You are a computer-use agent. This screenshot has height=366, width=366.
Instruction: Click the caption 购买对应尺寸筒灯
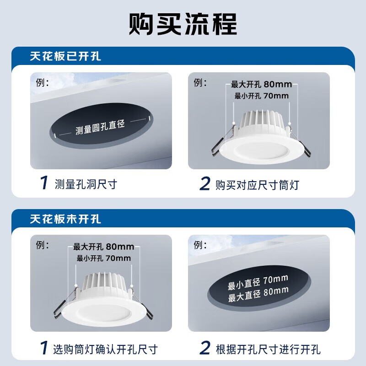(258, 184)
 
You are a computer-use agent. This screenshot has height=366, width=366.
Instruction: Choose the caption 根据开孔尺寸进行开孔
(268, 349)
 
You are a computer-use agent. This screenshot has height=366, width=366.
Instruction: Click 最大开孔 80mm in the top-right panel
(261, 85)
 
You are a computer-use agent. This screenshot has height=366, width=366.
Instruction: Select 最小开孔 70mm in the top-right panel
(261, 96)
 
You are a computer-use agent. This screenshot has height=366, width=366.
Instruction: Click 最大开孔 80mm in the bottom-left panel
(104, 247)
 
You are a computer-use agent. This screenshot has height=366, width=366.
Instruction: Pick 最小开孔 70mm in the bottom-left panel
(104, 258)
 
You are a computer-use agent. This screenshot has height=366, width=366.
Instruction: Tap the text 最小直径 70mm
(258, 280)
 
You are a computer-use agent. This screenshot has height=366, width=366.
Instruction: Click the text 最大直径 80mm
(258, 291)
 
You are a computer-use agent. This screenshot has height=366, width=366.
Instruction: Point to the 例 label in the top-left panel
(42, 83)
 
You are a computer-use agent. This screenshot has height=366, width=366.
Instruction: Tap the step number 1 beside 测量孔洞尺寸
(43, 184)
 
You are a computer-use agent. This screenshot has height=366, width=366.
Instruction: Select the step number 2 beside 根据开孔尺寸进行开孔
(205, 349)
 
